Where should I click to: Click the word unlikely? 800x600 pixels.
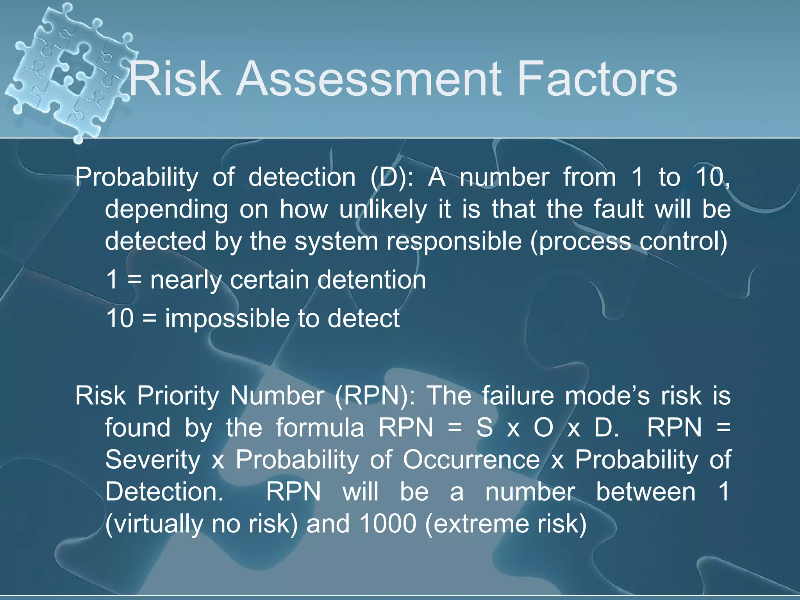click(x=382, y=210)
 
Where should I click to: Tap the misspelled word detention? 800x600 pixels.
click(x=371, y=280)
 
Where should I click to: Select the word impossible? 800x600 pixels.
click(x=227, y=319)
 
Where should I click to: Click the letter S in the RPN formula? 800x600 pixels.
click(x=484, y=428)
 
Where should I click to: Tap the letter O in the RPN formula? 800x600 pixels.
click(x=543, y=428)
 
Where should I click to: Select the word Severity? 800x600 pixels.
click(x=153, y=460)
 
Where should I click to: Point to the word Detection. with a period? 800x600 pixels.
click(x=164, y=492)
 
